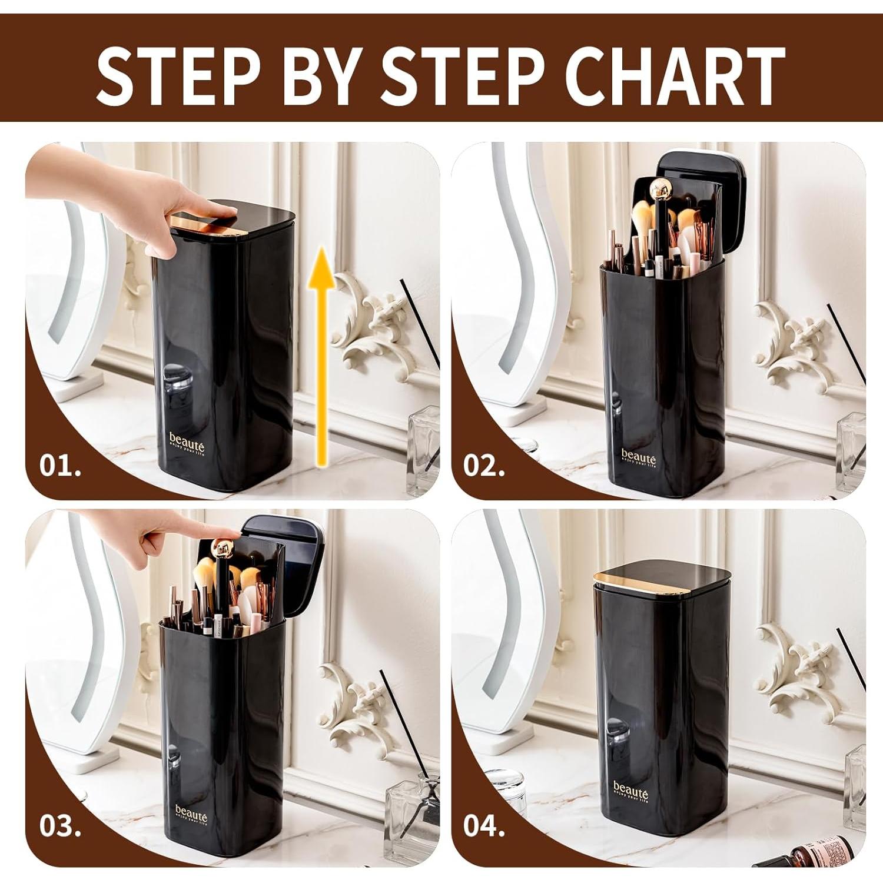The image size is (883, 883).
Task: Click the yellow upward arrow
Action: coord(320,359)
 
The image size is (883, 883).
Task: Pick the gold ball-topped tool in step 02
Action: coord(659,191)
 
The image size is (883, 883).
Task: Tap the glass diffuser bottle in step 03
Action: coord(412,821)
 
